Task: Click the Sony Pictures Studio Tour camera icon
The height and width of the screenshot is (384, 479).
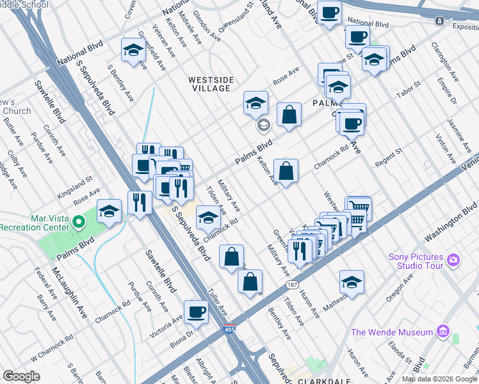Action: click(453, 259)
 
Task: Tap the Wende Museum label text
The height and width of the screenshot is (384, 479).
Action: click(392, 332)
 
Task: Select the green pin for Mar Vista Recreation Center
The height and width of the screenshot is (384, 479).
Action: click(79, 222)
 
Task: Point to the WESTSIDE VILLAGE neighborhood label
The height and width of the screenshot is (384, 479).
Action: click(211, 84)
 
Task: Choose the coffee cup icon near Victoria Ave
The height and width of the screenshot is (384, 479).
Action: click(196, 312)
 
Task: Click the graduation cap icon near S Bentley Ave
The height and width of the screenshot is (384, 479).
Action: click(134, 51)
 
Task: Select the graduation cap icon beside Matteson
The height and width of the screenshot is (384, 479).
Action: click(352, 282)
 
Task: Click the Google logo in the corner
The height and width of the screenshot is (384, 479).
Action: click(22, 376)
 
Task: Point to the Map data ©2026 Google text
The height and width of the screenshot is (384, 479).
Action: click(439, 379)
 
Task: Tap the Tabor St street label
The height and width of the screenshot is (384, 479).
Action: click(407, 92)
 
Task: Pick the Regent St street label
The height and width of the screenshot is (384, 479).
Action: click(387, 158)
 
